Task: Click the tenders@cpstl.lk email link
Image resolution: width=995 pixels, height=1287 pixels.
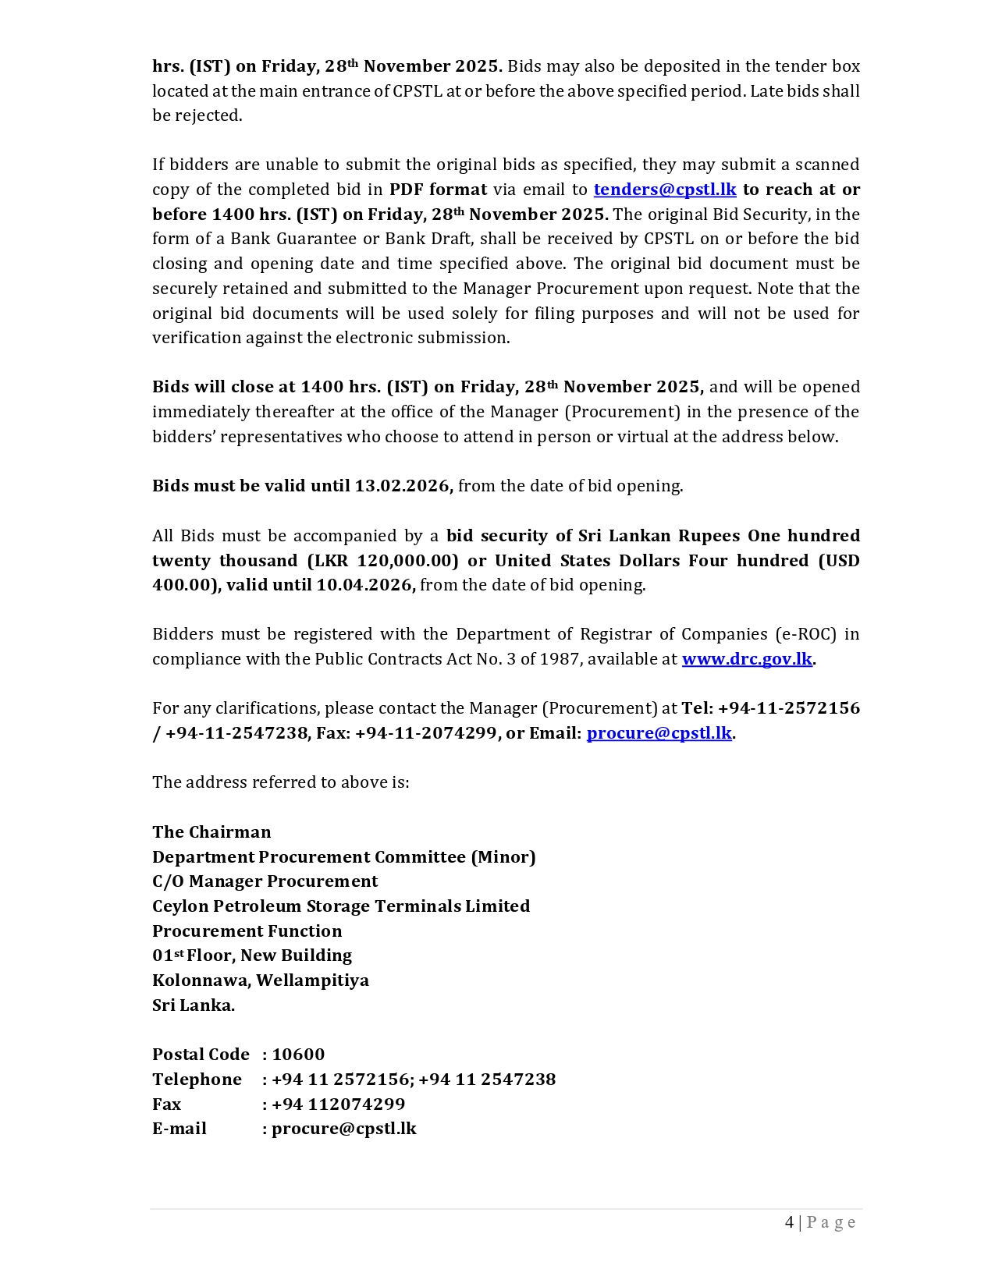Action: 664,190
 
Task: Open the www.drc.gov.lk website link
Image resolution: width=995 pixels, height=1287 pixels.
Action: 747,659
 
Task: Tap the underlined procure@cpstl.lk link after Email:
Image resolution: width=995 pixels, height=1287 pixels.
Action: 659,733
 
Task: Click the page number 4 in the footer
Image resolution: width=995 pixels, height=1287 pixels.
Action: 789,1222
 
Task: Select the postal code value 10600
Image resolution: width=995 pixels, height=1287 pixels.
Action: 298,1055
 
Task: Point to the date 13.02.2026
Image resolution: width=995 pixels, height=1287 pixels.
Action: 403,486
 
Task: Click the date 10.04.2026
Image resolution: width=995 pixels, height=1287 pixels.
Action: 364,585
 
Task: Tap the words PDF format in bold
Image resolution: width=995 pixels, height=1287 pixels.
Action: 438,190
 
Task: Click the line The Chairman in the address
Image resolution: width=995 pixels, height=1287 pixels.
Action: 211,832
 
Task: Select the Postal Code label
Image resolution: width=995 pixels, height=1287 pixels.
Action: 201,1055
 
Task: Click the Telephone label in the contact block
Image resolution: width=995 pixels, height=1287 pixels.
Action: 197,1080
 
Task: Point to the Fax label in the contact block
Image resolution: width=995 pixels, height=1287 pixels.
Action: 166,1104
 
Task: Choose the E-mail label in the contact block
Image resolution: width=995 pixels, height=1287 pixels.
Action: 179,1129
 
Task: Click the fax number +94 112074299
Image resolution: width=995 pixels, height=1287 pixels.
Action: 338,1104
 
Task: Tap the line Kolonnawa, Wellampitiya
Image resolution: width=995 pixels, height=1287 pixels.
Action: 261,980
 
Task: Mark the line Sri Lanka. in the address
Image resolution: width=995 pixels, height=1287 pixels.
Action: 194,1005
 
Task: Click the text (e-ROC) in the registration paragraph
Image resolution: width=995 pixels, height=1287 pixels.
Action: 805,634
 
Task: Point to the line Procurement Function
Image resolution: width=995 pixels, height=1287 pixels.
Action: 247,931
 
